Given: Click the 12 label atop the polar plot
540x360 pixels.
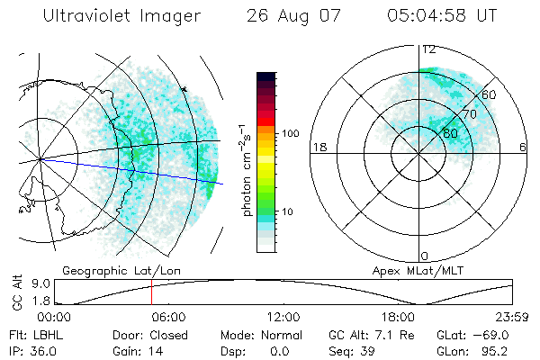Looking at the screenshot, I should point(429,49).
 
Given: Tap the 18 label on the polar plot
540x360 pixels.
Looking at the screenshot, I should point(318,147).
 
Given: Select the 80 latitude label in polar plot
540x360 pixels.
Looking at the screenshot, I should point(451,132).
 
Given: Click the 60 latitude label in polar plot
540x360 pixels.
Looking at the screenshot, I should point(490,94).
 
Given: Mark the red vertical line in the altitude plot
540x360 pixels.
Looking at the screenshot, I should point(151,292).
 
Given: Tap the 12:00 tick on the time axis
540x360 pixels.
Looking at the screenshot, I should point(283,317).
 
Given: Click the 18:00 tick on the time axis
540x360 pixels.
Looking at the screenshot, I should point(399,317).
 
